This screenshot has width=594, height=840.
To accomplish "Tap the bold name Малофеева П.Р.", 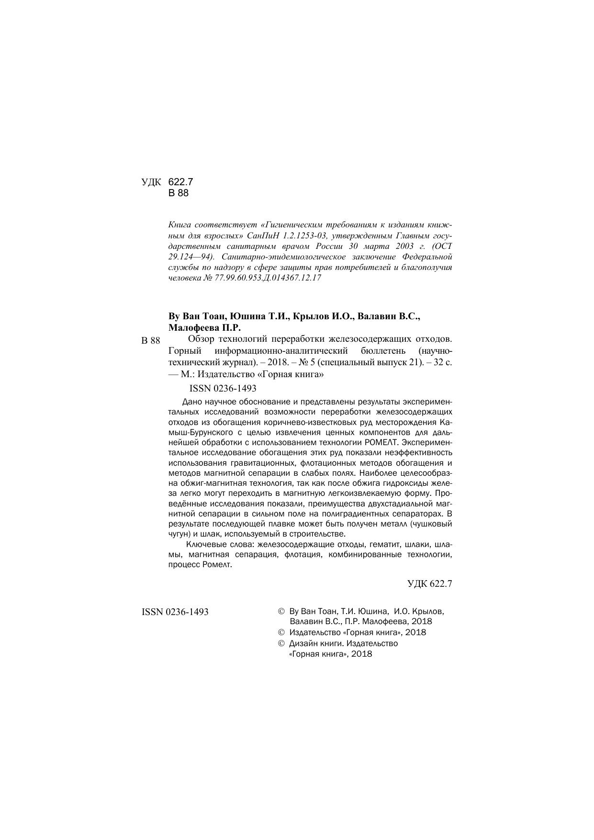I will pyautogui.click(x=204, y=328).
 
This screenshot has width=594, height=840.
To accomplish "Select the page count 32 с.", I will pyautogui.click(x=442, y=362).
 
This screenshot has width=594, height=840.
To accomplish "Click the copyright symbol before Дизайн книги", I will pyautogui.click(x=281, y=644).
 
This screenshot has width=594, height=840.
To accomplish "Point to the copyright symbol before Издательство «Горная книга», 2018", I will pyautogui.click(x=281, y=632).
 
